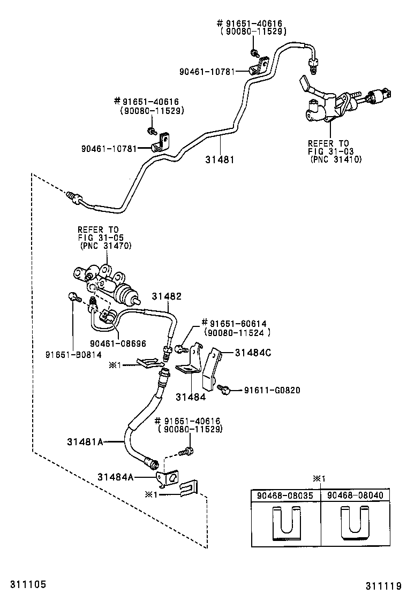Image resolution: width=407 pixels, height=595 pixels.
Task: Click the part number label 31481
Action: tap(220, 159)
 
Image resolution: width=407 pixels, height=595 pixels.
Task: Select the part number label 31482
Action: tap(167, 296)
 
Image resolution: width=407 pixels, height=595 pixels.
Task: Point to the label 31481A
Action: tap(85, 441)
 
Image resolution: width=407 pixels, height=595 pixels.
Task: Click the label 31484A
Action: tap(115, 476)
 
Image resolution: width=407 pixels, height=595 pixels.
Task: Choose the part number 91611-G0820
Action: tap(272, 390)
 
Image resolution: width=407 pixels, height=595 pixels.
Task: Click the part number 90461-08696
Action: tap(118, 344)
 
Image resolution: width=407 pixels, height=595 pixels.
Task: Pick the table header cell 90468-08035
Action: tap(286, 495)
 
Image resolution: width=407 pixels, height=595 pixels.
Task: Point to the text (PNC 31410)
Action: tap(335, 159)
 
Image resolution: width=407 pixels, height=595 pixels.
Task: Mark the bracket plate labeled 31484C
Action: tap(213, 369)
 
